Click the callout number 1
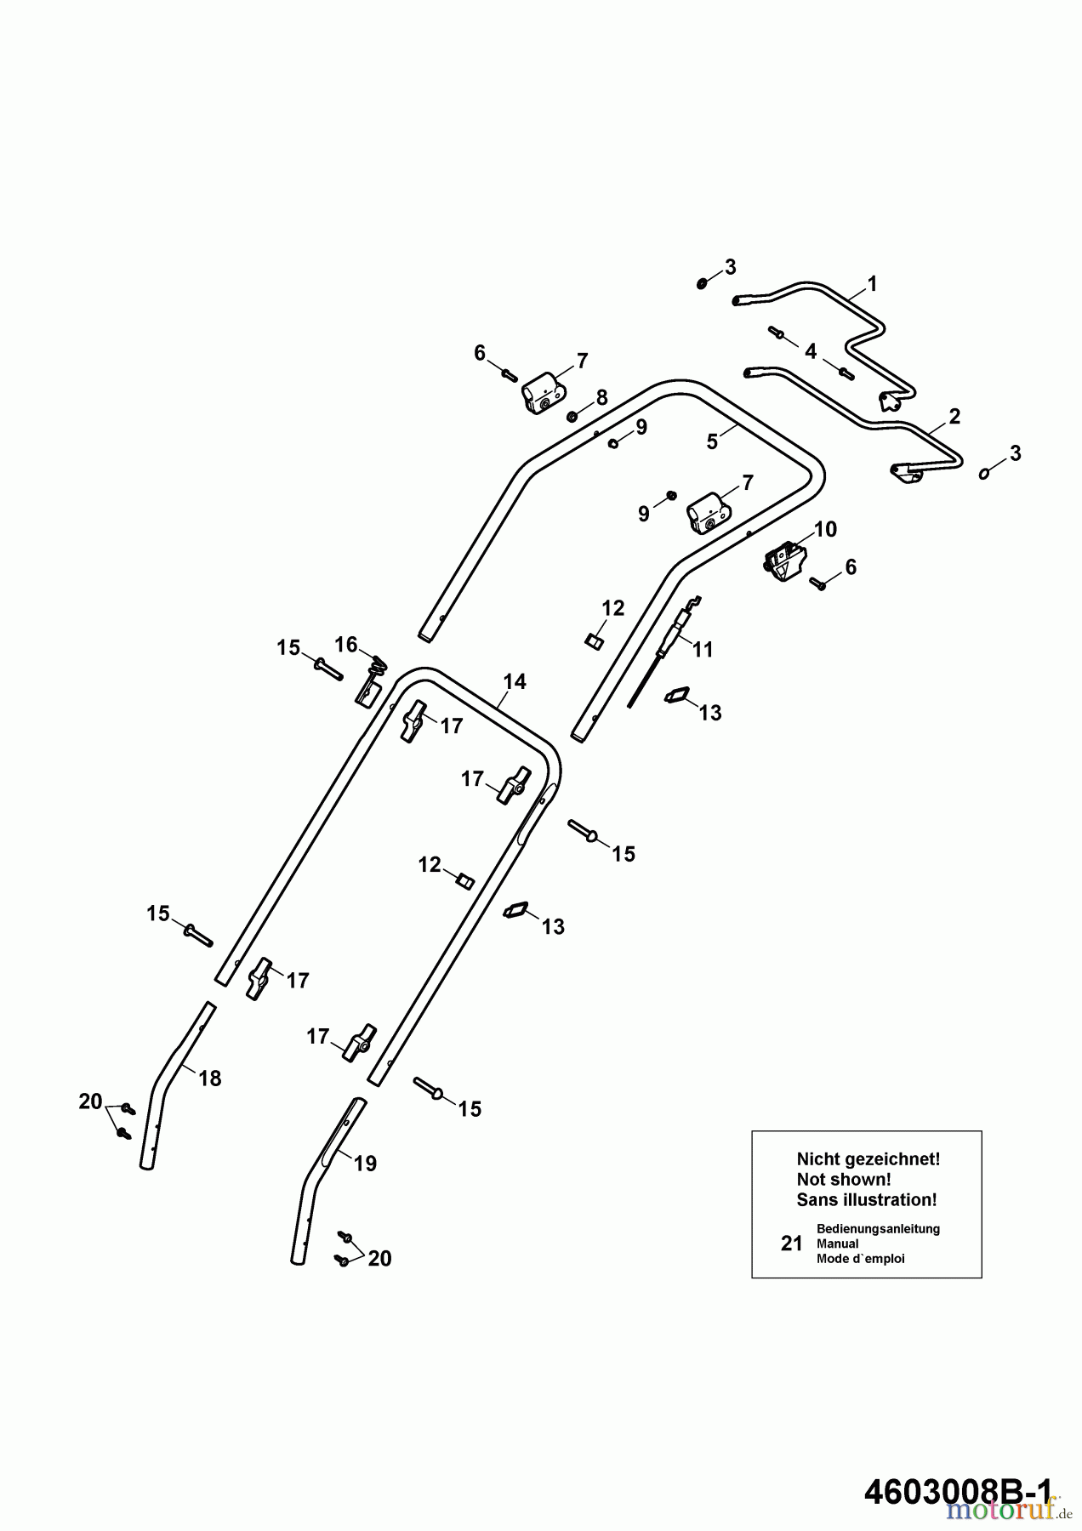[872, 283]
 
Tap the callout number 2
[954, 416]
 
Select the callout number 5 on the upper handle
[712, 441]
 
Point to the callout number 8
[602, 397]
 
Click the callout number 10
[825, 529]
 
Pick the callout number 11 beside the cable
[703, 650]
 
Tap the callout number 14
[515, 681]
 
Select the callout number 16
[345, 645]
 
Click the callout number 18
[209, 1079]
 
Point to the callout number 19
[365, 1164]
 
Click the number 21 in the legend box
[791, 1244]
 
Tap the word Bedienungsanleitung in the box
[877, 1229]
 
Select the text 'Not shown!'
[843, 1180]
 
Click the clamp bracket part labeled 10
[785, 564]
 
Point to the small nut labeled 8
[572, 416]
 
